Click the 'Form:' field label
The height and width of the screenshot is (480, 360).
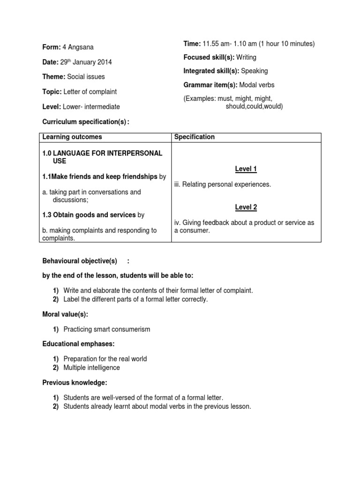52,47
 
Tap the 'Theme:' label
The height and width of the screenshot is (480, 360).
54,76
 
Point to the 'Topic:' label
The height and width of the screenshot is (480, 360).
52,91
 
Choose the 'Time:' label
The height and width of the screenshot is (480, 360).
192,44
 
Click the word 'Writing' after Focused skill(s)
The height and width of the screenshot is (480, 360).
246,57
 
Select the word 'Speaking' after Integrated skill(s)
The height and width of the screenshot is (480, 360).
255,71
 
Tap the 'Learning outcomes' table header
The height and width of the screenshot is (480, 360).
72,137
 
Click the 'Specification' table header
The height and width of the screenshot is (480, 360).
195,137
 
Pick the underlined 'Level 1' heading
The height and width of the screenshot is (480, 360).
246,169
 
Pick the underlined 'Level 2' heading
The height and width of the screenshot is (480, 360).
246,207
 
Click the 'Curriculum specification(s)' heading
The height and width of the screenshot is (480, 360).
84,122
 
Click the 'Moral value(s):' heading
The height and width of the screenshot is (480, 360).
65,314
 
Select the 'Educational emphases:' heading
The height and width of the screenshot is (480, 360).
78,344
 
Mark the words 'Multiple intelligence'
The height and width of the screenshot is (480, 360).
91,367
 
